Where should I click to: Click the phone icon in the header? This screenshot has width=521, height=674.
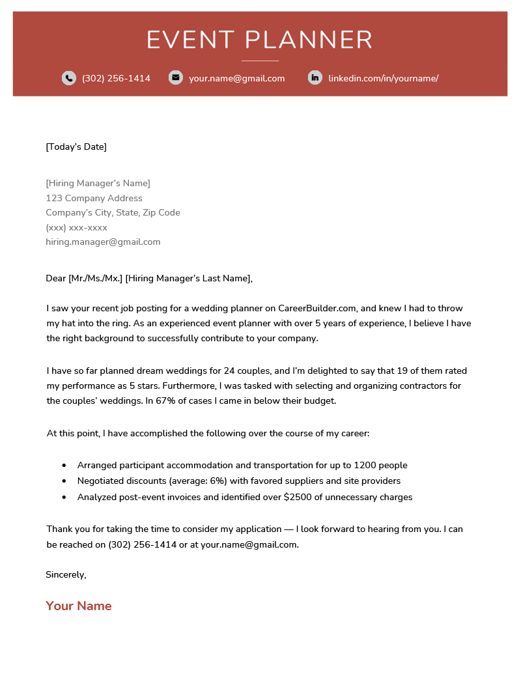pyautogui.click(x=69, y=78)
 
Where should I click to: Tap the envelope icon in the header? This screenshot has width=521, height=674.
pyautogui.click(x=175, y=77)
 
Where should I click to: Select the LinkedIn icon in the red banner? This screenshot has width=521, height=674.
pyautogui.click(x=315, y=77)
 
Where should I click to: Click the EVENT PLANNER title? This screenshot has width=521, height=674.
pyautogui.click(x=260, y=40)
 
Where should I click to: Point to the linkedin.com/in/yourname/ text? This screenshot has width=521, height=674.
pyautogui.click(x=383, y=79)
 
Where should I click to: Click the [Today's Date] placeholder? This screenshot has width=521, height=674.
pyautogui.click(x=76, y=147)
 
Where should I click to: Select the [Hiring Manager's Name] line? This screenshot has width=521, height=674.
pyautogui.click(x=98, y=183)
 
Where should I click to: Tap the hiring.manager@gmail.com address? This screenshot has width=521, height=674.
pyautogui.click(x=103, y=242)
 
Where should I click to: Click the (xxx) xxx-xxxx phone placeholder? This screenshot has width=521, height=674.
pyautogui.click(x=76, y=227)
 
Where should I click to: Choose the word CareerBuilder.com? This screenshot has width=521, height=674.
pyautogui.click(x=317, y=308)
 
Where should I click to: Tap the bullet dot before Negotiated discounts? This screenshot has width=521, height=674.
pyautogui.click(x=64, y=481)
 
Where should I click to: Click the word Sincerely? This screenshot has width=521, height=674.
pyautogui.click(x=65, y=574)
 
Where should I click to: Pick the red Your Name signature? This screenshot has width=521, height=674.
pyautogui.click(x=79, y=606)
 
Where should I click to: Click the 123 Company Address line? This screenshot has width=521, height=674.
pyautogui.click(x=94, y=198)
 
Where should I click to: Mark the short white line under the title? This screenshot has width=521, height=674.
pyautogui.click(x=260, y=61)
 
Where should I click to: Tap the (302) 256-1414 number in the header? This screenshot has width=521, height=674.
pyautogui.click(x=116, y=79)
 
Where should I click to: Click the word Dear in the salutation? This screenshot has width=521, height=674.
pyautogui.click(x=55, y=278)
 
